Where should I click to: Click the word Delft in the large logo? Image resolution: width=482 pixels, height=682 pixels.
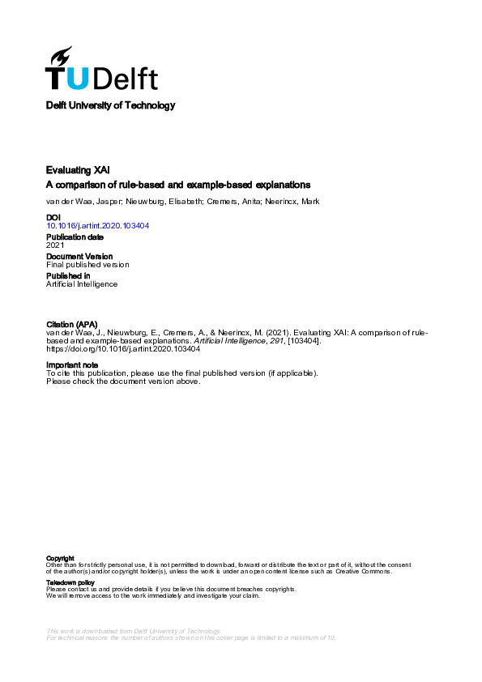(125, 78)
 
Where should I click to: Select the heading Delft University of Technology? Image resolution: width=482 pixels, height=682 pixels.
(110, 105)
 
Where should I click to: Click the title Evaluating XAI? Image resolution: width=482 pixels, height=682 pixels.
(79, 170)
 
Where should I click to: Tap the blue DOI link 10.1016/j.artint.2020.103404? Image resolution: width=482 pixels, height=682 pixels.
(97, 227)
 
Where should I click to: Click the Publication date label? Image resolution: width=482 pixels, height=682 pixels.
(75, 237)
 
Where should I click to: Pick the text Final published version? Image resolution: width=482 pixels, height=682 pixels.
(87, 265)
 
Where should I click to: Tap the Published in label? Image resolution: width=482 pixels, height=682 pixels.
(67, 275)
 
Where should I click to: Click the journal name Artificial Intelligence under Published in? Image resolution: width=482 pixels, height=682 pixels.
(82, 284)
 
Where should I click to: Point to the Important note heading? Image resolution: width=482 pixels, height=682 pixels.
(72, 365)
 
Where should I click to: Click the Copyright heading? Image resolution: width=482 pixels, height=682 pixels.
(61, 558)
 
